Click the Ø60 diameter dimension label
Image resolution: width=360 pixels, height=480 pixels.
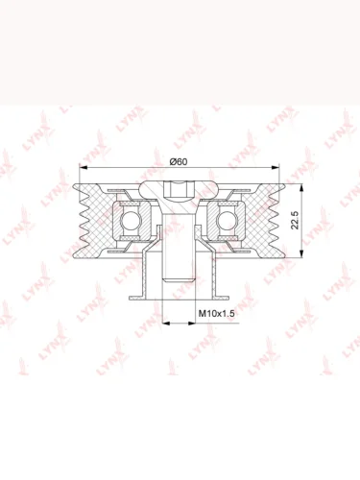[x=179, y=162]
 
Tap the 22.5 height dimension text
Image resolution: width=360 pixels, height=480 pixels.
[x=295, y=220]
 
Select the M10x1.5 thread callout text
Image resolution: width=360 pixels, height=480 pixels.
[x=217, y=313]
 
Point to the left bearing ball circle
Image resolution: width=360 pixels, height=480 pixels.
[x=131, y=220]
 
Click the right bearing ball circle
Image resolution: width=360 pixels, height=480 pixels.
[x=227, y=220]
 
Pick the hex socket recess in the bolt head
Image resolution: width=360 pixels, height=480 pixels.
[x=179, y=189]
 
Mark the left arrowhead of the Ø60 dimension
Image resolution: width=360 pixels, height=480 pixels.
[x=84, y=167]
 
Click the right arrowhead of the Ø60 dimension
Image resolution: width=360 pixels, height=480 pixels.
[x=276, y=167]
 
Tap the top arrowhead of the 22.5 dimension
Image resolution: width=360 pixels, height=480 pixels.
[x=301, y=188]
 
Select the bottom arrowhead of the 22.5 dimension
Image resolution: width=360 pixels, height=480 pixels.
[x=301, y=252]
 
